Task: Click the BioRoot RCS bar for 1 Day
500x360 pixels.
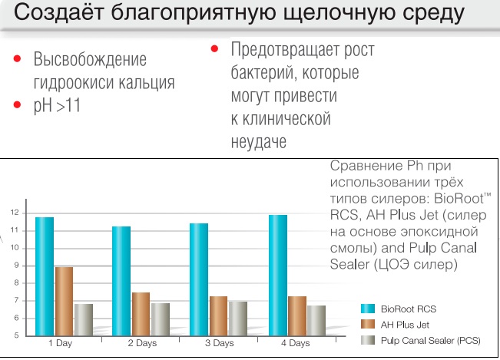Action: (44, 276)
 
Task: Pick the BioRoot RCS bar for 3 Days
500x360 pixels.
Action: (199, 279)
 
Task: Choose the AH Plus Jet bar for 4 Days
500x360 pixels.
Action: (296, 315)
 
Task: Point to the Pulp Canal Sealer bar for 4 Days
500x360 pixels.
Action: (316, 320)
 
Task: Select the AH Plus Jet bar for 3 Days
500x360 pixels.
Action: (218, 315)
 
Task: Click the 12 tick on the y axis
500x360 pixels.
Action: (15, 213)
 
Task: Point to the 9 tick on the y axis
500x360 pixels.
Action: (15, 266)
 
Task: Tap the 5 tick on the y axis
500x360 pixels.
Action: (15, 335)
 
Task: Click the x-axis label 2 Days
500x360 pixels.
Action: (141, 343)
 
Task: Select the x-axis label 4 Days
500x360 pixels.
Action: (296, 343)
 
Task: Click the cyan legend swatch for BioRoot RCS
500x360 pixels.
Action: (367, 308)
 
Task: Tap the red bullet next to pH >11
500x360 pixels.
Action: (16, 105)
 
